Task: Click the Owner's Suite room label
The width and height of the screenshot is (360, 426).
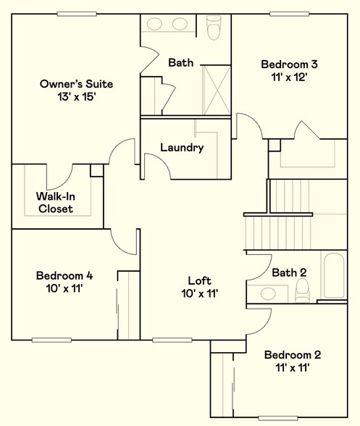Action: (76, 84)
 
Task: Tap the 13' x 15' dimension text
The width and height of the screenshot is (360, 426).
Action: (76, 97)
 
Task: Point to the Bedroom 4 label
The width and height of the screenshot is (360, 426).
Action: (64, 275)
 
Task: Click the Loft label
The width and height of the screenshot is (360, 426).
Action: (199, 280)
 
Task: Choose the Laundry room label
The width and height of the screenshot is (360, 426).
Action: (181, 148)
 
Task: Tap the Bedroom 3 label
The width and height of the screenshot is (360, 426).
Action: (290, 64)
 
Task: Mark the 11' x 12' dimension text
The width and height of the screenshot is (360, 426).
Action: (290, 78)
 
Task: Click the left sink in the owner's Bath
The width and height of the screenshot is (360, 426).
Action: (156, 24)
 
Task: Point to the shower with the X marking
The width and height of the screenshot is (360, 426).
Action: (215, 89)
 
